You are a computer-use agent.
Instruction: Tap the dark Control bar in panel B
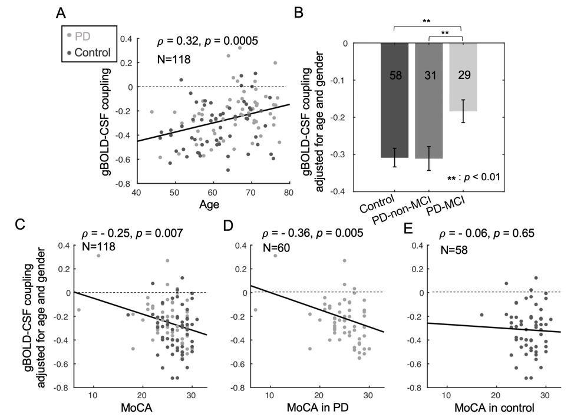(x=394, y=100)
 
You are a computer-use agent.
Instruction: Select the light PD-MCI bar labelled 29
(x=463, y=77)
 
